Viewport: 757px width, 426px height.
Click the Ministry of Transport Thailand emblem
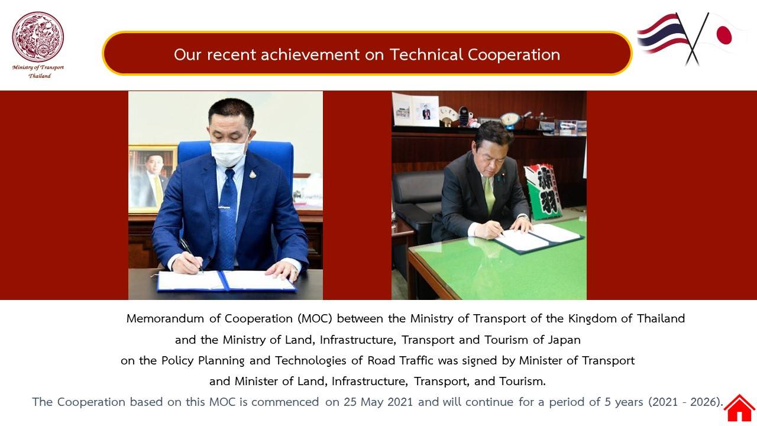[x=38, y=37]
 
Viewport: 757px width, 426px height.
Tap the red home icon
[x=739, y=408]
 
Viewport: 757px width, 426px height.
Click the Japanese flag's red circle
[x=724, y=35]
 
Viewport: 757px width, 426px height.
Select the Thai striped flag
[x=661, y=34]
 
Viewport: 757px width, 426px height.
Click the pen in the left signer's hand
[x=191, y=254]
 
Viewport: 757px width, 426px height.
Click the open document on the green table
[x=538, y=237]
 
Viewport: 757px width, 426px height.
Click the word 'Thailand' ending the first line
[x=661, y=318]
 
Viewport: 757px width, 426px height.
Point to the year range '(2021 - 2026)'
[x=685, y=402]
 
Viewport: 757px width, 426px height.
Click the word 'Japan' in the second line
[x=564, y=340]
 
